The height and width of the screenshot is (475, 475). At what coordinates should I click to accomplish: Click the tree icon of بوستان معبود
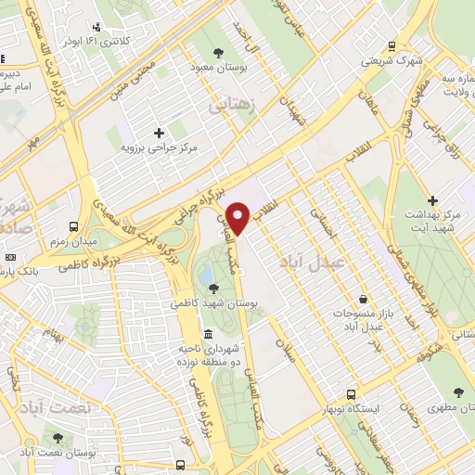tap(218, 52)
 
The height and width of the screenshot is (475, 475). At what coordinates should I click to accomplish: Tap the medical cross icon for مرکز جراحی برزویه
tap(159, 132)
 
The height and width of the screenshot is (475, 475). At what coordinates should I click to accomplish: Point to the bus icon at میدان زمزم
tap(72, 225)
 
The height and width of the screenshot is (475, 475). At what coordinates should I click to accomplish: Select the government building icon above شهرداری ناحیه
tap(205, 334)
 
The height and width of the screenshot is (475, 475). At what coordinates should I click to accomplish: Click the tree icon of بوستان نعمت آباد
tap(58, 437)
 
